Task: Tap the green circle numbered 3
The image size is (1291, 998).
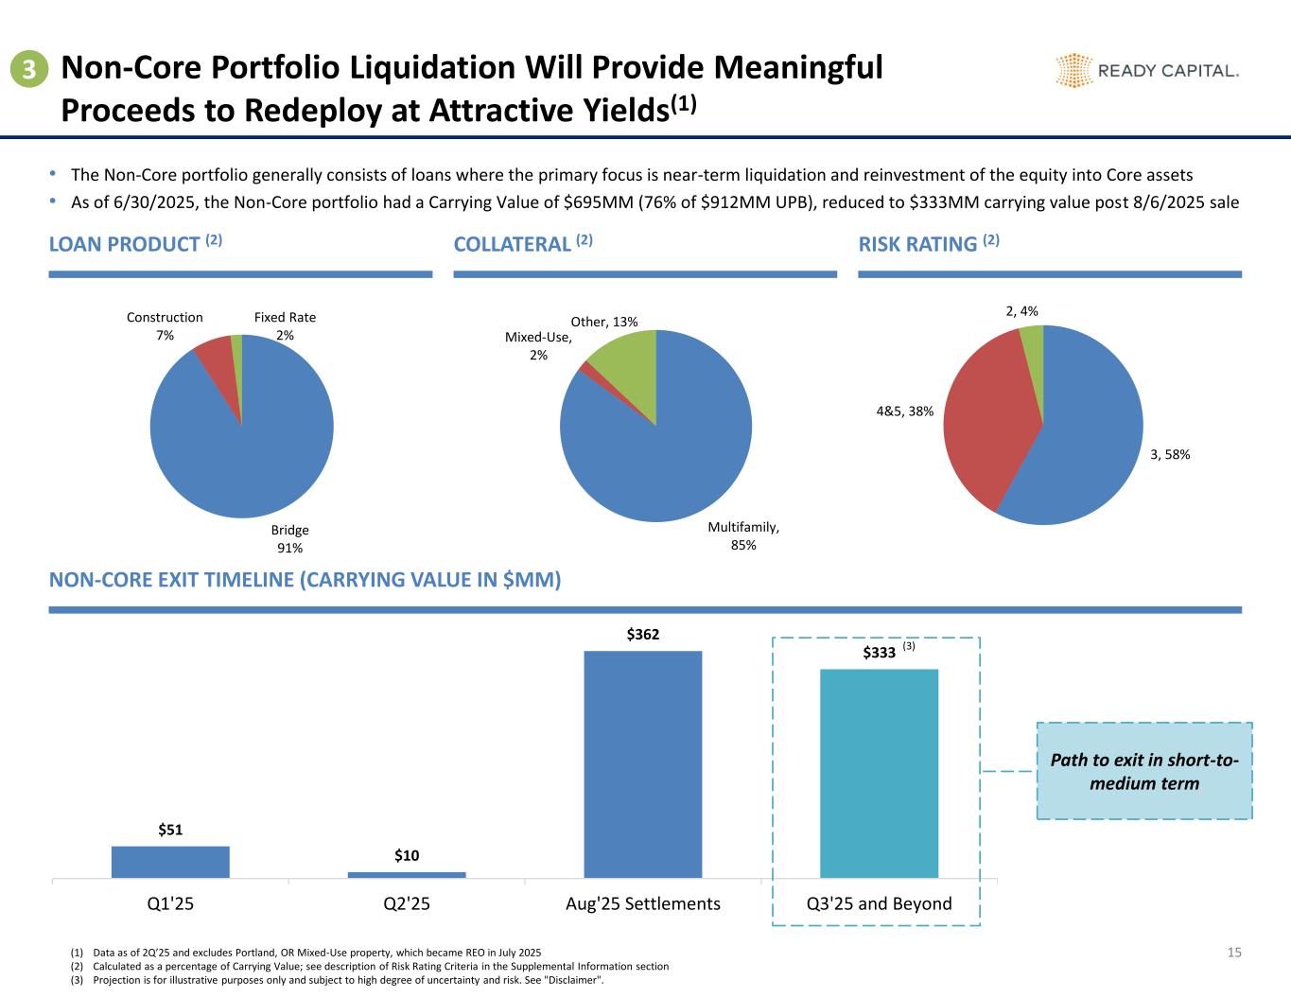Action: pyautogui.click(x=30, y=69)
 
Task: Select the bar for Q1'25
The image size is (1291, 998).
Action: pyautogui.click(x=170, y=862)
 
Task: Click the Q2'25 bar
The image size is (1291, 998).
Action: pyautogui.click(x=407, y=874)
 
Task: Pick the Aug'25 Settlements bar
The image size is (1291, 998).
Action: pyautogui.click(x=643, y=764)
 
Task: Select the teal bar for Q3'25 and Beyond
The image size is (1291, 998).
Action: pyautogui.click(x=879, y=774)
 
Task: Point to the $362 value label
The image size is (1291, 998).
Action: pyautogui.click(x=643, y=634)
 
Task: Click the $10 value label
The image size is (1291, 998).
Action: pyautogui.click(x=407, y=856)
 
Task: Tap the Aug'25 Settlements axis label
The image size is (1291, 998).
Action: pyautogui.click(x=643, y=903)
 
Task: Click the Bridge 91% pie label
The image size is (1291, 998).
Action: pyautogui.click(x=289, y=539)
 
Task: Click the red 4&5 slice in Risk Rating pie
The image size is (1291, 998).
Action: pyautogui.click(x=984, y=416)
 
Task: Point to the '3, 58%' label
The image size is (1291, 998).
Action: pyautogui.click(x=1169, y=455)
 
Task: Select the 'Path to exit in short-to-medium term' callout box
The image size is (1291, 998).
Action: pyautogui.click(x=1144, y=771)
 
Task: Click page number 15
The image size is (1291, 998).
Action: pyautogui.click(x=1233, y=953)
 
